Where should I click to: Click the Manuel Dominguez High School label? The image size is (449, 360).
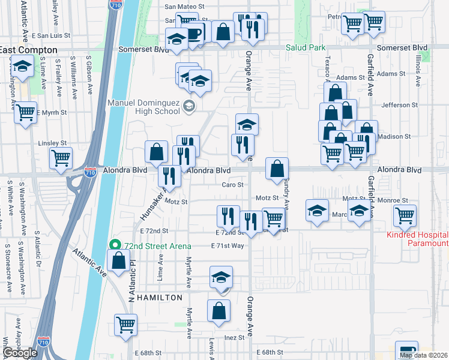coord(143,106)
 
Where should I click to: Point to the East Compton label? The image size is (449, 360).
coord(28,50)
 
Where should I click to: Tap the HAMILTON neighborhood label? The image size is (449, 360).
coord(159,298)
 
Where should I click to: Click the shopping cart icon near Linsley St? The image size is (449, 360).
coord(61,158)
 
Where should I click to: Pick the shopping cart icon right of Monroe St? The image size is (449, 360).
coord(405,214)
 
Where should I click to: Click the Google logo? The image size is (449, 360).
coord(20,353)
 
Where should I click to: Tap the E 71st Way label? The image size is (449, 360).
coord(228,245)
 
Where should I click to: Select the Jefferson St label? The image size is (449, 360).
coord(394,105)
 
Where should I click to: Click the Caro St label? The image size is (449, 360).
coord(232,185)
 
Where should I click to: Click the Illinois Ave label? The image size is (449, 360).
coord(418,69)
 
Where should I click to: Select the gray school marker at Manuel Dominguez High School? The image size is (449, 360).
coord(189,107)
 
